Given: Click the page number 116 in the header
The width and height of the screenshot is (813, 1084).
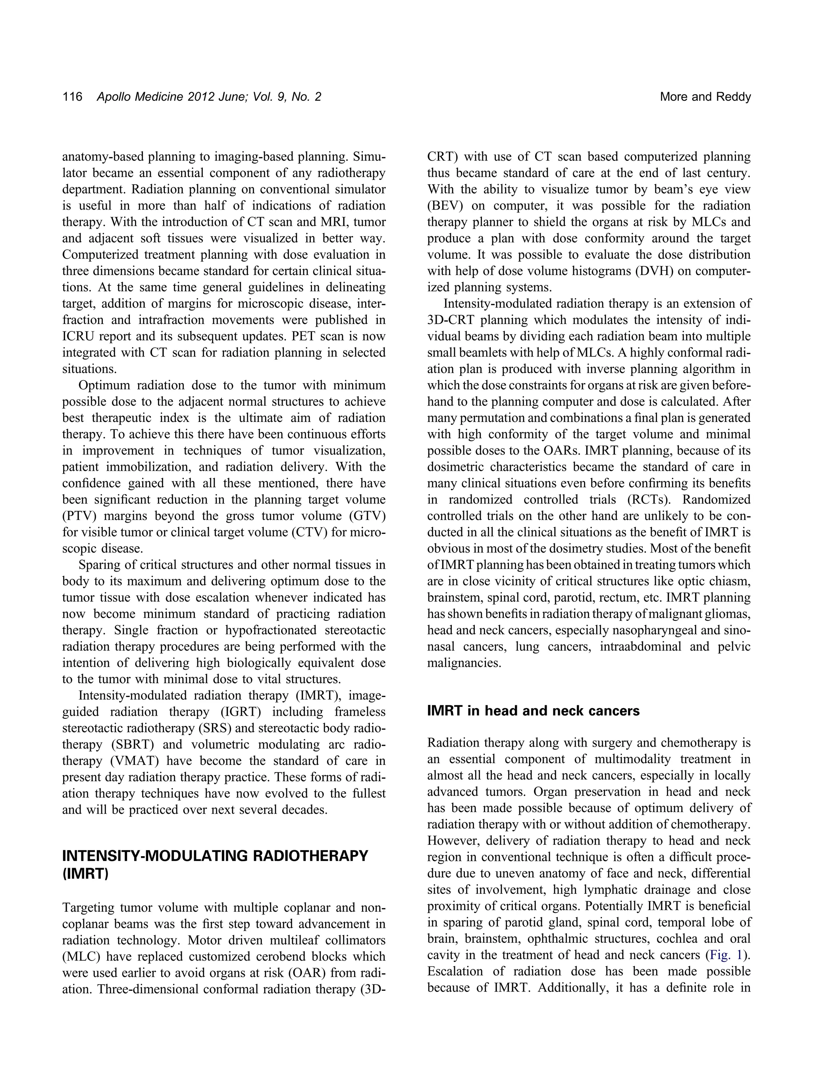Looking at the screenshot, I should (x=72, y=97).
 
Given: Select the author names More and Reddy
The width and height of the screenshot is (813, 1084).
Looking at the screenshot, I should (x=705, y=97).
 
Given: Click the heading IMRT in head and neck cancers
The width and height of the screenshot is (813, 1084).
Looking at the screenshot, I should (x=533, y=710).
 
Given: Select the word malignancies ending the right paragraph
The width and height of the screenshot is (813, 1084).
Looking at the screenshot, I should (x=464, y=663).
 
